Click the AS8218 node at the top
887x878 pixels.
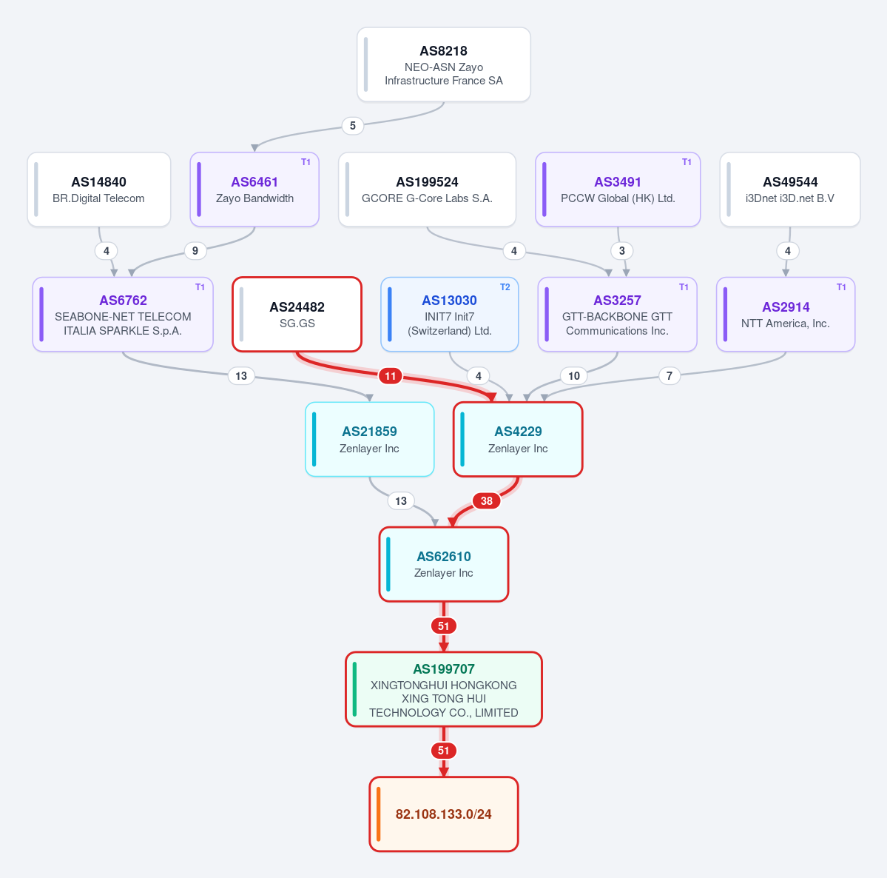tap(444, 64)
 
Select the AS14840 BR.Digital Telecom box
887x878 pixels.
tap(99, 189)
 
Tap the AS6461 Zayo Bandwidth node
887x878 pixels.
tap(254, 189)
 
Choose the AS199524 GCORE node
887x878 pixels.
tap(427, 189)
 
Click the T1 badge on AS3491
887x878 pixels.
tap(687, 162)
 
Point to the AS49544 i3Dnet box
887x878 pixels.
tap(789, 189)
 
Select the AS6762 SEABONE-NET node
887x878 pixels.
tap(123, 314)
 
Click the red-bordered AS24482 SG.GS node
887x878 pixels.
tap(297, 314)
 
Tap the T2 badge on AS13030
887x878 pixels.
tap(505, 287)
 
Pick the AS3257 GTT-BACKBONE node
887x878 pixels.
tap(617, 314)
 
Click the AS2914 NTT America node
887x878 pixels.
tap(786, 314)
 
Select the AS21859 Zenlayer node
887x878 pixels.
tap(369, 439)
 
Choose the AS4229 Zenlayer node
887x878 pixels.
tap(518, 439)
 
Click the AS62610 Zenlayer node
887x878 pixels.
tap(444, 564)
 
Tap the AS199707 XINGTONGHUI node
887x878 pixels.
tap(444, 689)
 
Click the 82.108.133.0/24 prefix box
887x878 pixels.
tap(444, 814)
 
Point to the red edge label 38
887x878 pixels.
tap(487, 501)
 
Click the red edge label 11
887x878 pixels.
tap(391, 376)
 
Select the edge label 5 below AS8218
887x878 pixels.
tap(352, 126)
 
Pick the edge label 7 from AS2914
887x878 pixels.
tap(670, 376)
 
